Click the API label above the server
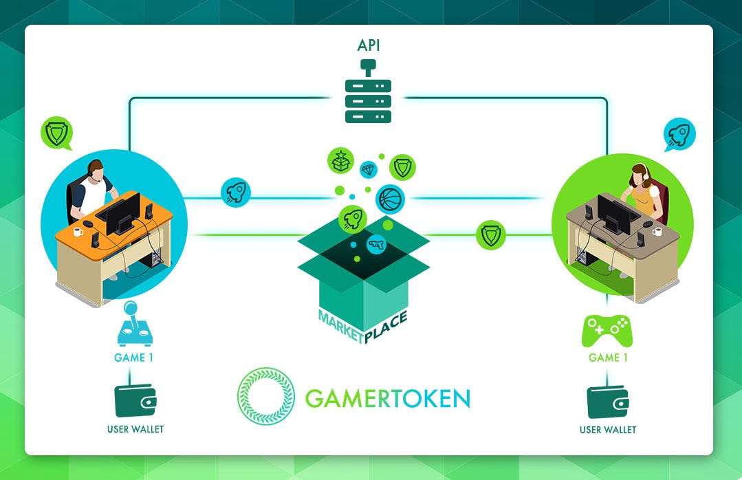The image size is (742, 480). pos(368,46)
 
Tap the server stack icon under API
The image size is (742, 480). pos(368,100)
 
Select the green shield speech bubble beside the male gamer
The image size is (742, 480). pos(56,132)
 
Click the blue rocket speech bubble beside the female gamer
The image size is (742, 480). pos(680,134)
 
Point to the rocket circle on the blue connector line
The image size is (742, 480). pos(235,193)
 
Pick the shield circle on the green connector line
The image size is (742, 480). pos(491,234)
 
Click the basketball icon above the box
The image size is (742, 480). pos(390,199)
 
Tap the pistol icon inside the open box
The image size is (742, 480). pos(376,244)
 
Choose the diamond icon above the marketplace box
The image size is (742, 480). pos(368,169)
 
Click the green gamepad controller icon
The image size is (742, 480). pos(607,330)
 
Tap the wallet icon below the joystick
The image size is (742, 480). pos(135,400)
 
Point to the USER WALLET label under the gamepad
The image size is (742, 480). pos(608,430)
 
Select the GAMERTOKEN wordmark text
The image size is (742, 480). pos(388,398)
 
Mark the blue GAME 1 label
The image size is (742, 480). pos(129,358)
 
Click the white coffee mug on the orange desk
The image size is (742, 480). pos(78,231)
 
